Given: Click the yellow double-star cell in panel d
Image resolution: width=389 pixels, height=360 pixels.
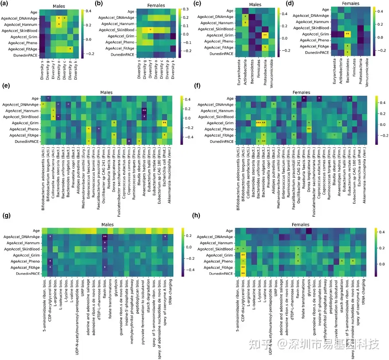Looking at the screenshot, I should tap(347, 34).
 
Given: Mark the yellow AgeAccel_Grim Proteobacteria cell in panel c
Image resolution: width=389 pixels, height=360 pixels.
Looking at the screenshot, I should tap(265, 35).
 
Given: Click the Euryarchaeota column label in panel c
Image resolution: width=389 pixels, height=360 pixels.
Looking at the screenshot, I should tap(237, 73).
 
